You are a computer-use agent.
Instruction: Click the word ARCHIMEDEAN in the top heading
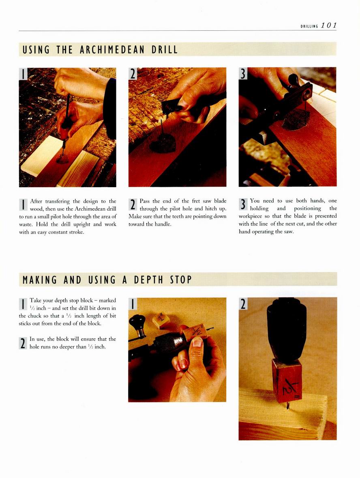(112, 50)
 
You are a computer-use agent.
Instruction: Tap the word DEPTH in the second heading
(148, 280)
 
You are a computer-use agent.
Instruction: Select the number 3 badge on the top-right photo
(243, 73)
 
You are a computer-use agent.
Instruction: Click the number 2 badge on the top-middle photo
(133, 73)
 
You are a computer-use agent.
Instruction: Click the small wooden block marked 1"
(161, 320)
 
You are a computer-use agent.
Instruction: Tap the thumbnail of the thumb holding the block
(197, 342)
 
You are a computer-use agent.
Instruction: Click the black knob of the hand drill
(137, 321)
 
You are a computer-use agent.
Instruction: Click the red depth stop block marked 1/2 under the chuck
(287, 380)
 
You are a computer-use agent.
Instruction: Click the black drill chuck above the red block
(287, 329)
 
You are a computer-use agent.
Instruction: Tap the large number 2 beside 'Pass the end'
(133, 205)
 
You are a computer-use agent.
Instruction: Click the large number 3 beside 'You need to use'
(243, 204)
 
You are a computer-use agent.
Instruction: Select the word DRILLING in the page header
(309, 26)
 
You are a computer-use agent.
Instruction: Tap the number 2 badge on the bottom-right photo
(243, 304)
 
